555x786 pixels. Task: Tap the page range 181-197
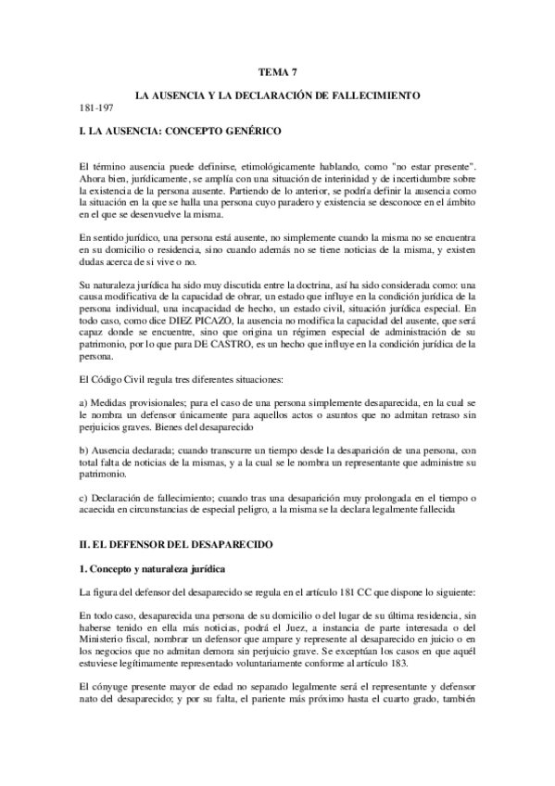[95, 108]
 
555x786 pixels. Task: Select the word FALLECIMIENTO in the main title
[381, 95]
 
